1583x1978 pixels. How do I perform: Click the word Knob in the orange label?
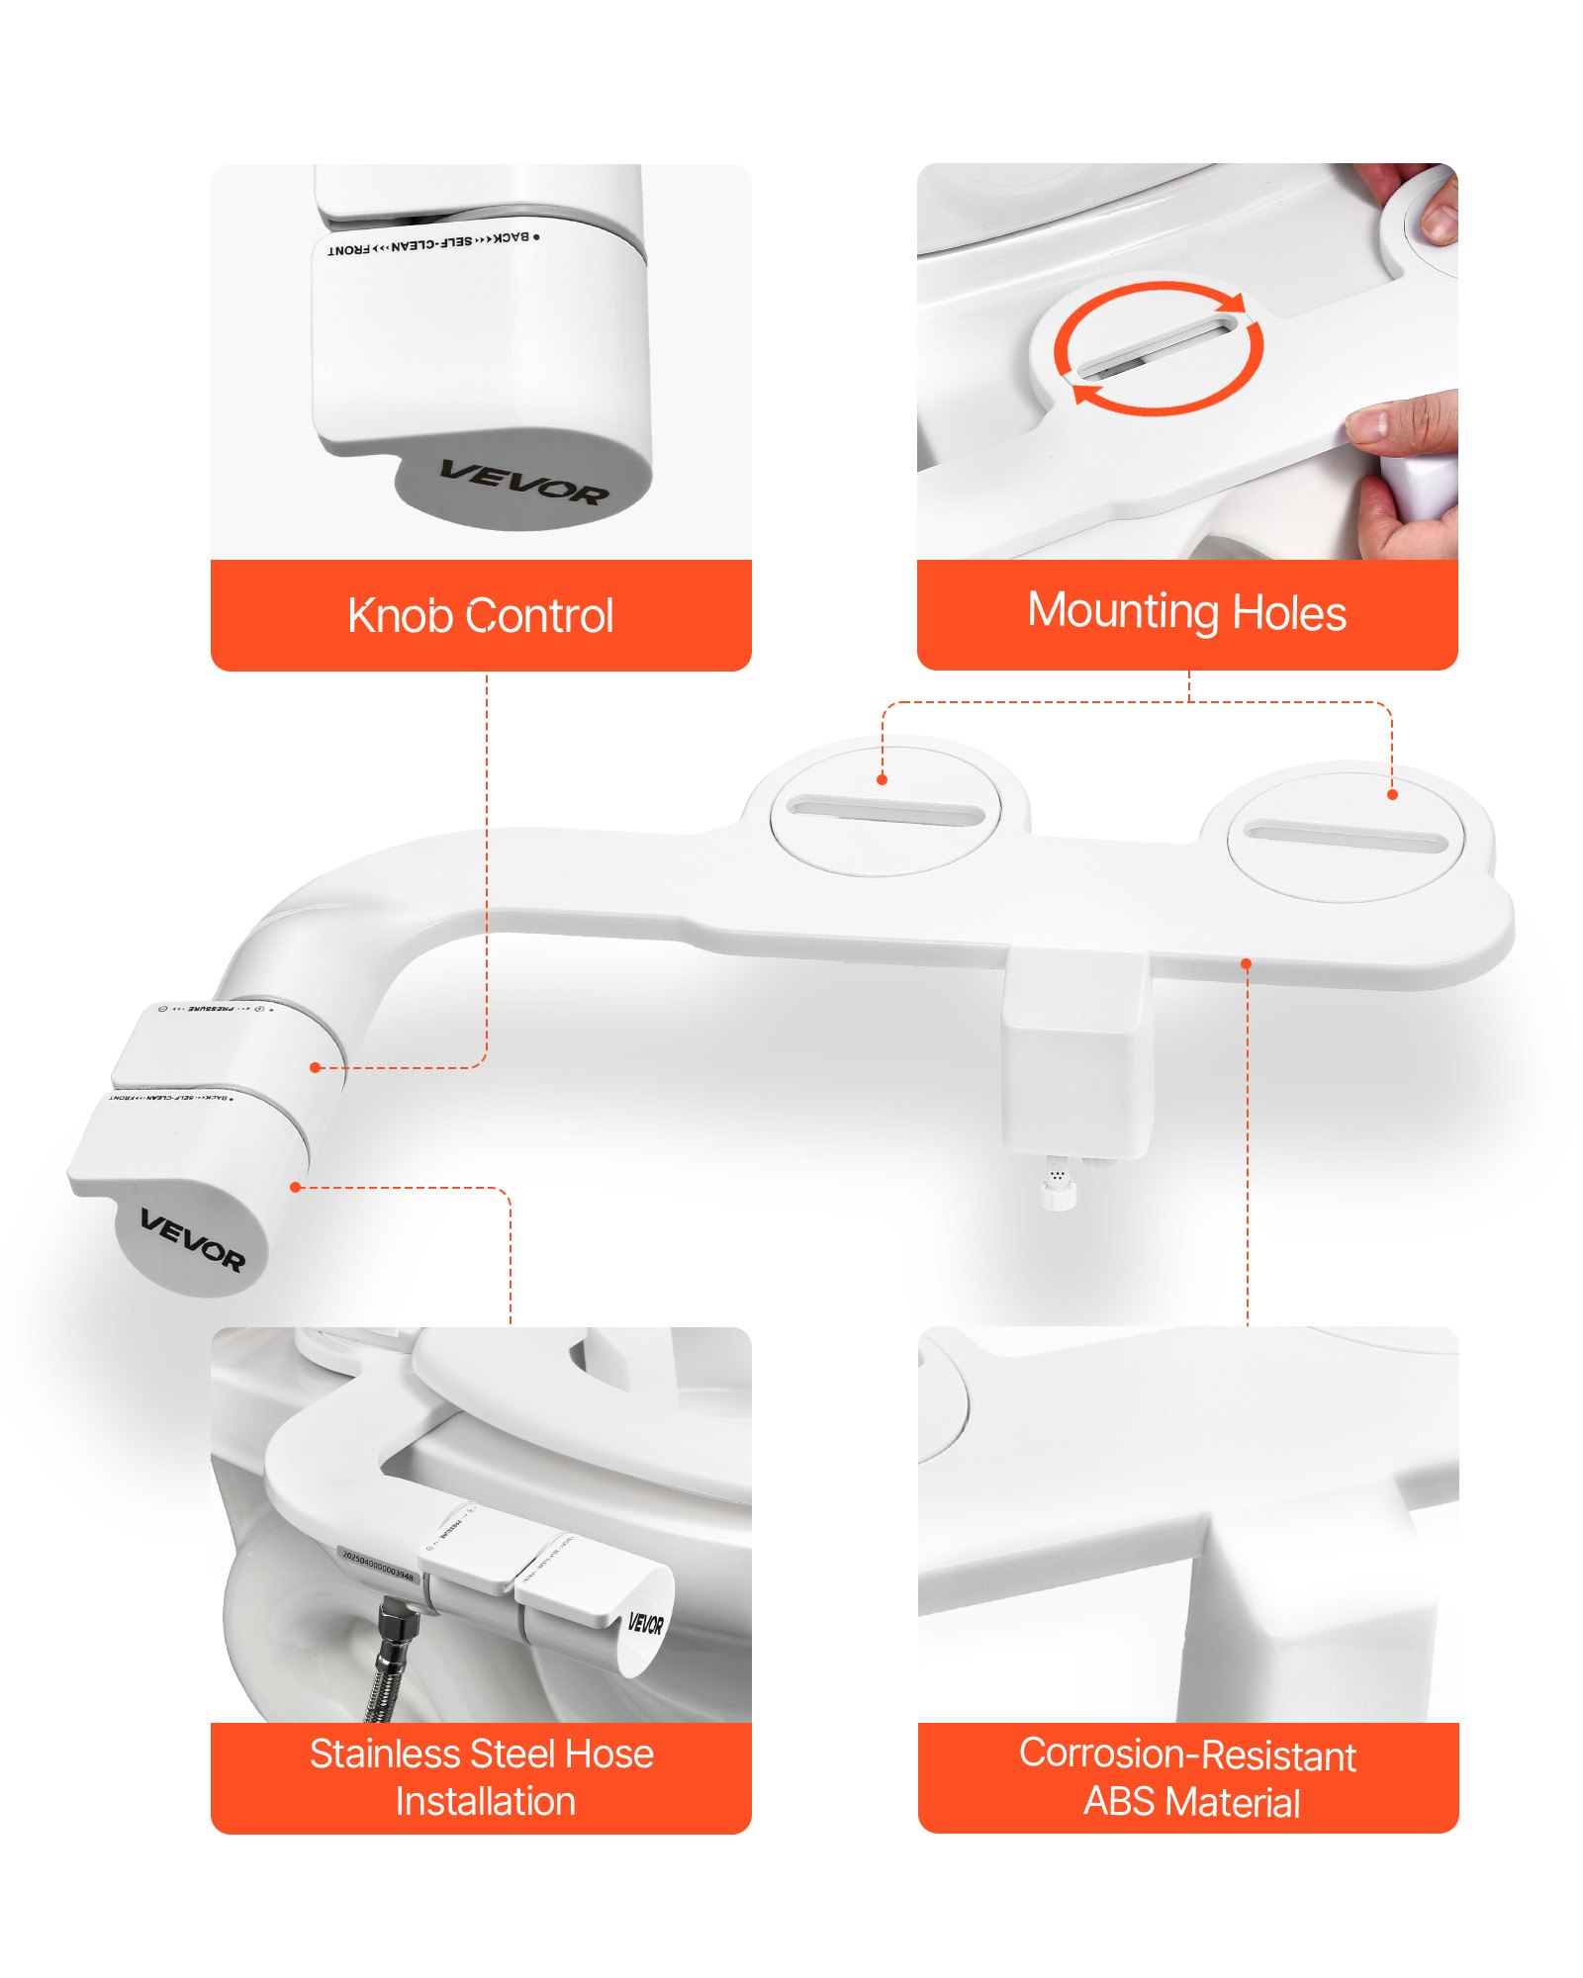coord(401,615)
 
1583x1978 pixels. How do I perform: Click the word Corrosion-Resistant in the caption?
coord(1186,1754)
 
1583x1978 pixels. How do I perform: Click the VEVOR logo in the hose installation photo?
coord(645,1623)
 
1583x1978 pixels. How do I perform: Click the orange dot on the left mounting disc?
coord(882,779)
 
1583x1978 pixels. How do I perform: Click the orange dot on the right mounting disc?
coord(1392,794)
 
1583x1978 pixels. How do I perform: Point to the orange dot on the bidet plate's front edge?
coord(1247,962)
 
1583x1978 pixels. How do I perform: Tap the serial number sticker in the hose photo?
coord(378,1565)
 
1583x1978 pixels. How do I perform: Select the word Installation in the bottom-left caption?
coord(485,1802)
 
